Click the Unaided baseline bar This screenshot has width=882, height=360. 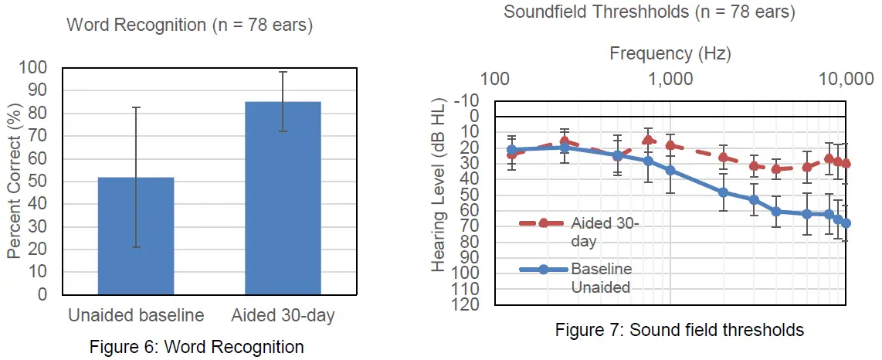click(136, 236)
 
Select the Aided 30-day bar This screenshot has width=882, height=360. click(283, 198)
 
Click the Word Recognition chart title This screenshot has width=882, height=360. click(189, 24)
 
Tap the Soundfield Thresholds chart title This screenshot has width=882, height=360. click(649, 12)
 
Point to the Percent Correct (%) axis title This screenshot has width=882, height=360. click(14, 181)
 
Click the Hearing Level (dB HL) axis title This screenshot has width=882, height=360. click(438, 185)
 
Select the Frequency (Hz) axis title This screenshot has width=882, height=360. click(670, 53)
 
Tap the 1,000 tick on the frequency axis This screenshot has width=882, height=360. click(670, 79)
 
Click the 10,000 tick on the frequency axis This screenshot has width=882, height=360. click(846, 79)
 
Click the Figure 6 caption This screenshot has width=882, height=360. click(196, 347)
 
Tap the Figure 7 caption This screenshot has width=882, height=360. click(680, 330)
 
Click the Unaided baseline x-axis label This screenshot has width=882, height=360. click(136, 315)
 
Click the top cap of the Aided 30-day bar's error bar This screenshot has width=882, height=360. click(283, 72)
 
